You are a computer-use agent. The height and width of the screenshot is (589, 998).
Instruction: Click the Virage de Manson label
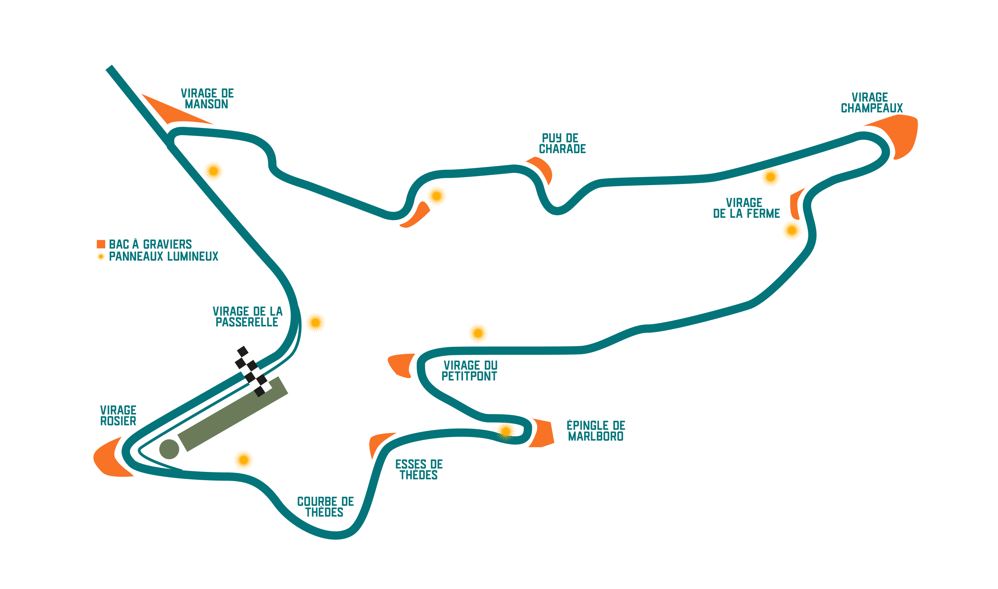[207, 99]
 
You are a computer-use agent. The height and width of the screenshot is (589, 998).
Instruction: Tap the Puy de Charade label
[562, 144]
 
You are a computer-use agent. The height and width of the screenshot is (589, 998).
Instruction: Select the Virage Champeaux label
[872, 103]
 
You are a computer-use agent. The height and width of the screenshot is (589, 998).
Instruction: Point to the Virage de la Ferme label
[746, 208]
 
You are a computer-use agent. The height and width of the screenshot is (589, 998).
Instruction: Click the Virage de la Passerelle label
[247, 317]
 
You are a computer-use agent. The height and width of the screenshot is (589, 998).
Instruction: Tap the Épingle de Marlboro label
[595, 431]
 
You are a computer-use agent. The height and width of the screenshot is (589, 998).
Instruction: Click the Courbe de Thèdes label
[325, 507]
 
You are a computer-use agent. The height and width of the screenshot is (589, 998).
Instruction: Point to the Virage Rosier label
[118, 415]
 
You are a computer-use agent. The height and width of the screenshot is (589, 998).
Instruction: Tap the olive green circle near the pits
[169, 449]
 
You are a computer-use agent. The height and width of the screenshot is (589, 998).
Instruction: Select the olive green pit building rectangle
[232, 414]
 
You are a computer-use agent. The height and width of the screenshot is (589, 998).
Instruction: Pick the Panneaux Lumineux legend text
[163, 257]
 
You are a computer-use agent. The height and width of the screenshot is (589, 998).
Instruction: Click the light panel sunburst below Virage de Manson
[213, 171]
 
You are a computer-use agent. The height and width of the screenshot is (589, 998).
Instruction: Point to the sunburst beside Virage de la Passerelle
[315, 323]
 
